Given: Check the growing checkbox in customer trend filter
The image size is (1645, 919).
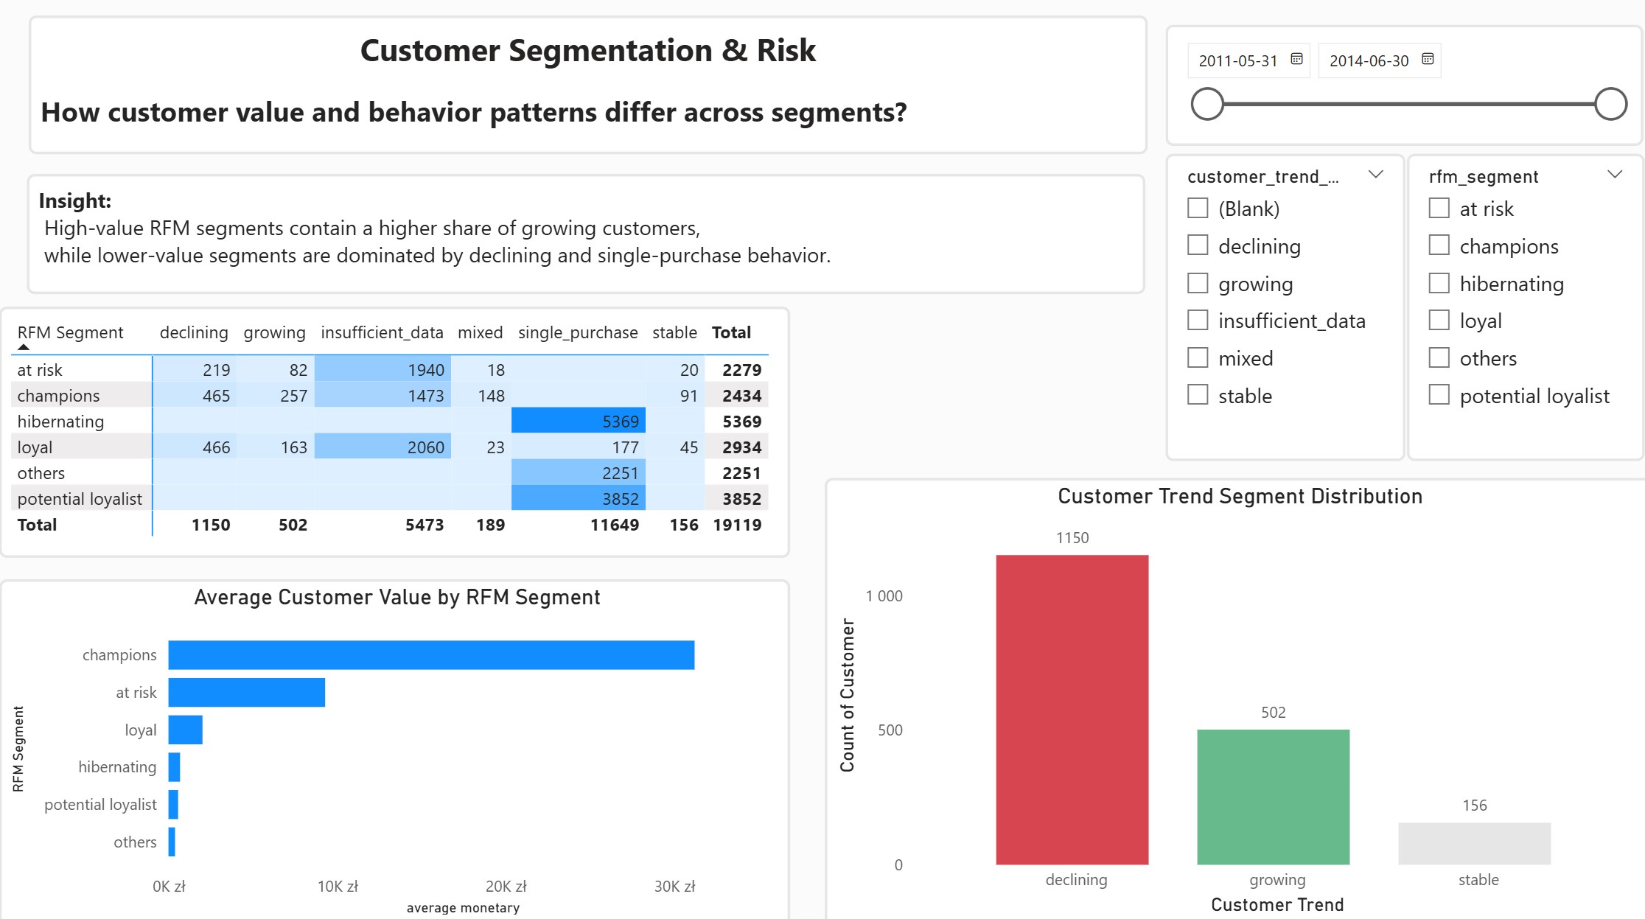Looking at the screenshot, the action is coord(1198,283).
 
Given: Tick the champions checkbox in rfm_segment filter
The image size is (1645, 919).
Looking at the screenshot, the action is coord(1439,245).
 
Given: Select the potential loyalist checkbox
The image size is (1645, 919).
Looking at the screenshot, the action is coord(1439,395).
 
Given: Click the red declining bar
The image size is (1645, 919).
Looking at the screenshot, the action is coord(1072,710).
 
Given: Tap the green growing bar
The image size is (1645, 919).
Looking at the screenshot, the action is coord(1273,797).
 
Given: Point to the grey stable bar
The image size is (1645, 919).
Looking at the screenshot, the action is coord(1474,843).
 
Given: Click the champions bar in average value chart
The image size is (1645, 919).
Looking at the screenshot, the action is coord(431,655).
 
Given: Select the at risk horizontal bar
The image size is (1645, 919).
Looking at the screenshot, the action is coord(247,693).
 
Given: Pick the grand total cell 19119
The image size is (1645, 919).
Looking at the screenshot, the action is coord(737,525).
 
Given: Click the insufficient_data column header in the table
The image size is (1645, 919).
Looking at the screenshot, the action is coord(382,332).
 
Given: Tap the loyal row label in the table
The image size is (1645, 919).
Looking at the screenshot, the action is coord(35,447).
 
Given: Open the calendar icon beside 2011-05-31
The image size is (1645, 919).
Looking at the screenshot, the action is coord(1297,59).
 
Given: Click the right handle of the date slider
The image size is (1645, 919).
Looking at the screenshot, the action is coord(1610,104).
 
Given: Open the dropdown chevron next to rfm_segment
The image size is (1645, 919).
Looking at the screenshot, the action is coord(1615,175).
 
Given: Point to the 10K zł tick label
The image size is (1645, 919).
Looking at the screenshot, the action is coord(338,887).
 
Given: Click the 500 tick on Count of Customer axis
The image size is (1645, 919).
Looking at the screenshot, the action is coord(890,730).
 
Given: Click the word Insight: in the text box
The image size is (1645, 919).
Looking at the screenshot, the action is coord(75,200).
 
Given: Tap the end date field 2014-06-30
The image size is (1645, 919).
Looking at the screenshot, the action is coord(1369,60).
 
